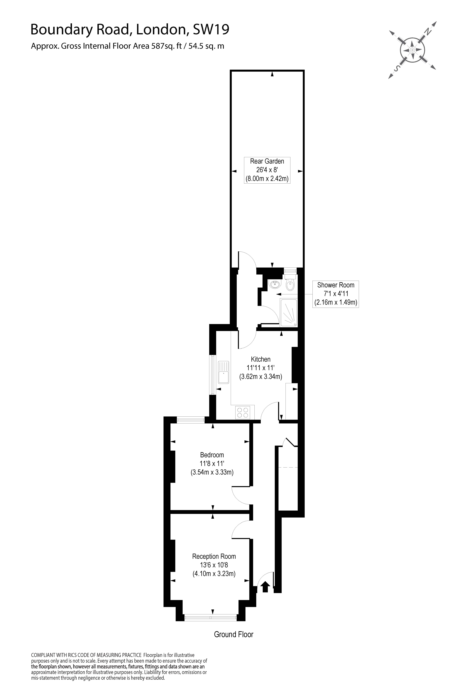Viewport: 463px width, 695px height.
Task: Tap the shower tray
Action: (289, 313)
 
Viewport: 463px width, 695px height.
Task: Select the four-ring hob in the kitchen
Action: (243, 413)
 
